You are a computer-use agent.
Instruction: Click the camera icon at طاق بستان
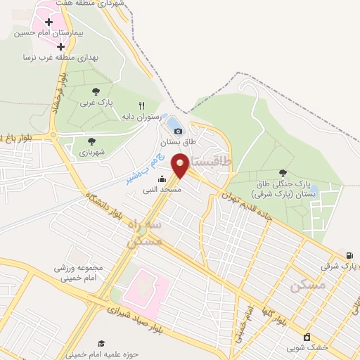[178, 131]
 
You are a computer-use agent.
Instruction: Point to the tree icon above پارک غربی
[96, 91]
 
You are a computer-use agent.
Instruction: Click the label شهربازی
[91, 152]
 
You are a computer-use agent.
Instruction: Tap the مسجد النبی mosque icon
[162, 179]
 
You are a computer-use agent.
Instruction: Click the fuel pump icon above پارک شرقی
[349, 255]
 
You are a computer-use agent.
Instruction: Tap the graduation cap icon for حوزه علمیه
[101, 343]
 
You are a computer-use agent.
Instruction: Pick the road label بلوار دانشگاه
[113, 201]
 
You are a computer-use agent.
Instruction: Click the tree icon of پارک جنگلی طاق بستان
[283, 172]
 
